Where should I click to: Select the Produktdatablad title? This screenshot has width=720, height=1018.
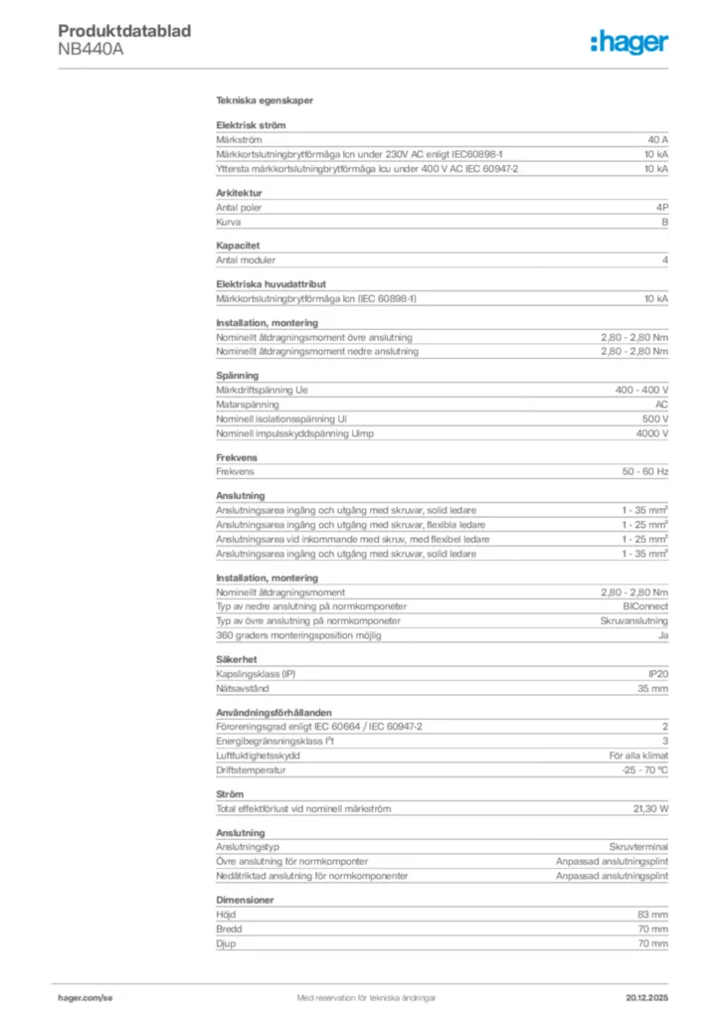click(x=124, y=31)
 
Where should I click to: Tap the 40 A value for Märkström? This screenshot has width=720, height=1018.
click(x=657, y=141)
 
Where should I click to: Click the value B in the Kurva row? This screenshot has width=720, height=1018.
click(x=664, y=223)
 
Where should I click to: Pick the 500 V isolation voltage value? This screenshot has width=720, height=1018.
click(x=653, y=420)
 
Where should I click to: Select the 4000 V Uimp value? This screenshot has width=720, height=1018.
click(x=650, y=434)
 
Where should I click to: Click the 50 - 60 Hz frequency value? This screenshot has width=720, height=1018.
click(x=644, y=472)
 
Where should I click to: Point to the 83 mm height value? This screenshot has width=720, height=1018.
click(x=652, y=914)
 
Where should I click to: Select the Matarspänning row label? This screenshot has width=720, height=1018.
click(x=248, y=405)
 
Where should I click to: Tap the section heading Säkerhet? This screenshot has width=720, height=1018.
click(x=237, y=659)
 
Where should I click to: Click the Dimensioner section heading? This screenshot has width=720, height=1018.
click(x=245, y=900)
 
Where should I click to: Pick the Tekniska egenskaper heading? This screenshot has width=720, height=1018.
click(x=265, y=101)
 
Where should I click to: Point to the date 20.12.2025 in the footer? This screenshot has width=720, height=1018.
click(x=645, y=997)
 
